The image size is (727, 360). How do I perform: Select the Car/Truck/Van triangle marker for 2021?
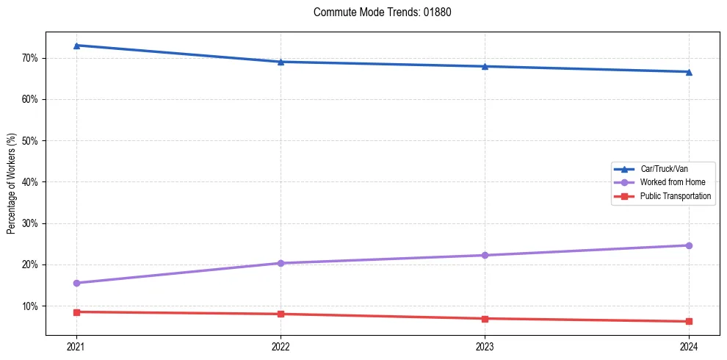point(76,46)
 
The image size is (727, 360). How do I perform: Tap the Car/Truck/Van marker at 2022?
point(281,62)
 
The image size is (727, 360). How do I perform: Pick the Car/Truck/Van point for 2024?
point(689,72)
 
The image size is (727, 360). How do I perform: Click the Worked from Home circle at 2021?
point(76,283)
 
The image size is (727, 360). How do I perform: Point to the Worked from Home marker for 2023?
point(485,255)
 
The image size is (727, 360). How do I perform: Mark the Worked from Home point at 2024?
point(689,245)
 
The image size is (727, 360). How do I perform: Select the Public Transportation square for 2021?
point(76,312)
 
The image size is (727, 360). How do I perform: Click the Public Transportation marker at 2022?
point(281,314)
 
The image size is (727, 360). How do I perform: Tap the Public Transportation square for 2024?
point(689,321)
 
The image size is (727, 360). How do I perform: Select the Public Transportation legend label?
point(675,196)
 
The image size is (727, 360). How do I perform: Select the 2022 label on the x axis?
point(281,346)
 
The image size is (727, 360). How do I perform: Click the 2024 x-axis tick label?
point(689,346)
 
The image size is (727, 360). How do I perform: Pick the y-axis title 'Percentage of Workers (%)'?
point(12,184)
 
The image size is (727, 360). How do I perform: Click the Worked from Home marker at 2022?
point(281,263)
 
